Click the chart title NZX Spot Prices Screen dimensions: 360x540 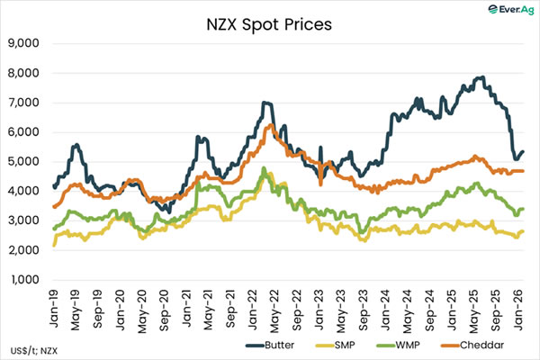pos(268,23)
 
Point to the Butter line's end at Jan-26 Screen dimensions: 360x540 pos(524,151)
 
